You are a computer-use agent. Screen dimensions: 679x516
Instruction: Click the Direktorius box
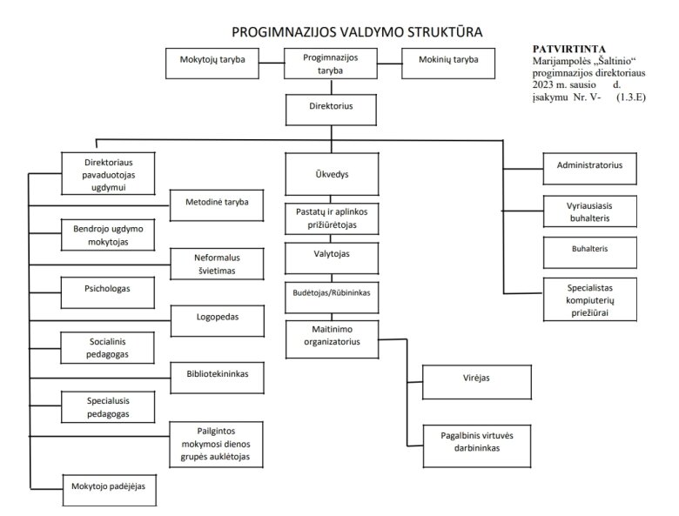[331, 110]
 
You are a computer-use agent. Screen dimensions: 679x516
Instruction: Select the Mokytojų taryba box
[212, 64]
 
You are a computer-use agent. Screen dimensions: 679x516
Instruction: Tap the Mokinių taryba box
[448, 64]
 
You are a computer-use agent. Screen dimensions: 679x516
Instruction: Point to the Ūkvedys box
[332, 174]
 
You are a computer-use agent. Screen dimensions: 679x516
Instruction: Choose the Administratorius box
[590, 169]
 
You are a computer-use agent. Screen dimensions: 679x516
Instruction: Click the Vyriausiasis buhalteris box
[590, 211]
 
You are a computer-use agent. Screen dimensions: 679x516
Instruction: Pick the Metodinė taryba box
[217, 205]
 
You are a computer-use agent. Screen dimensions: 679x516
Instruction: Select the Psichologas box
[107, 292]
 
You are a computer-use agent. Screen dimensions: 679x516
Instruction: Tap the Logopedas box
[218, 321]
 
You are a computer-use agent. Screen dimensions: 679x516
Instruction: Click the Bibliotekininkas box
[217, 378]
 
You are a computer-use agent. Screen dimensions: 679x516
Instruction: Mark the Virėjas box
[477, 382]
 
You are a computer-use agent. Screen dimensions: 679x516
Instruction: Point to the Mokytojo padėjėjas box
[109, 490]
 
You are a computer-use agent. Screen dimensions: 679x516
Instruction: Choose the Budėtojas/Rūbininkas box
[332, 298]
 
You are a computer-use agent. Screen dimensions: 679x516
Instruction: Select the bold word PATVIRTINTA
[569, 49]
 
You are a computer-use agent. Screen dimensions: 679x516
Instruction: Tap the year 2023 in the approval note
[542, 84]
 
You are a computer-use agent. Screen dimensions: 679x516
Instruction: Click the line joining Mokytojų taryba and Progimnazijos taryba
[272, 64]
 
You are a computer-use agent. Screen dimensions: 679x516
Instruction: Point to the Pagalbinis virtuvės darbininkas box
[477, 446]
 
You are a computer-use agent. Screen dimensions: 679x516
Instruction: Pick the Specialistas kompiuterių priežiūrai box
[590, 299]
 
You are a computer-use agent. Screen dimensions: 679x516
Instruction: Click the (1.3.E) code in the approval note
[631, 97]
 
